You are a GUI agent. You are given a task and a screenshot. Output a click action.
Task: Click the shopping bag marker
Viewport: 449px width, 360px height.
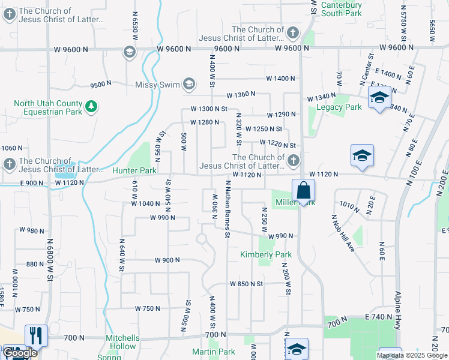coord(304,192)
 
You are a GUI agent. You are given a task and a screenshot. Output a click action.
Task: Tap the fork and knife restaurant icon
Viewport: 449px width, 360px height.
coord(36,335)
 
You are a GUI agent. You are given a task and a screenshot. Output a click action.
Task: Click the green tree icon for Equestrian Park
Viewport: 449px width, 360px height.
coord(91,107)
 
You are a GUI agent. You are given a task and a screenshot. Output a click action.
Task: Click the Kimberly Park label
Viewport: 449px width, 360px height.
coord(266,254)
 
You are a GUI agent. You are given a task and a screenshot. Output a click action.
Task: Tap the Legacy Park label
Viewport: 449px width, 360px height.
coord(339,107)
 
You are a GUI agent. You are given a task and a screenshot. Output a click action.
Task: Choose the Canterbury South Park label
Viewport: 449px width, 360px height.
coord(342,8)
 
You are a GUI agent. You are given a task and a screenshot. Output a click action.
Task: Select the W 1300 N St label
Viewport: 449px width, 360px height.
coord(209,109)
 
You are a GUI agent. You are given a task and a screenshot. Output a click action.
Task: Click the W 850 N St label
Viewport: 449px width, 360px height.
coord(246,283)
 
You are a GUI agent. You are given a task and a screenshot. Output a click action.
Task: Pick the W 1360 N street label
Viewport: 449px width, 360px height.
coord(241,94)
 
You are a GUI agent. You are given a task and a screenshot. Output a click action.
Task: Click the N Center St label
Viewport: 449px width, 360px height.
coord(363,66)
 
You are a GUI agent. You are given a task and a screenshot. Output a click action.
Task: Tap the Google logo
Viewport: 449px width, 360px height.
coord(20,353)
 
